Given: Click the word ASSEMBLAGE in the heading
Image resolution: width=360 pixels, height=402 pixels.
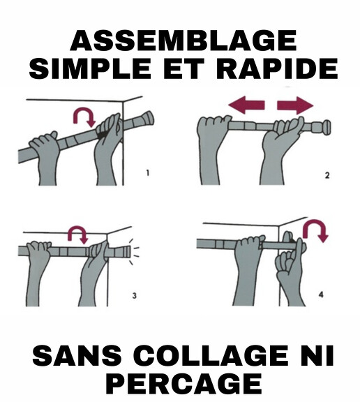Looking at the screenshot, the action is (183, 40).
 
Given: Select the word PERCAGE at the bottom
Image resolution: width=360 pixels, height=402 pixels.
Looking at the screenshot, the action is (184, 384).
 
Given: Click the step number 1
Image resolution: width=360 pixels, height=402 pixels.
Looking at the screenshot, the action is (148, 173).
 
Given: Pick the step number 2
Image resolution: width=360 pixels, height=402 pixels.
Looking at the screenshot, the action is (327, 175).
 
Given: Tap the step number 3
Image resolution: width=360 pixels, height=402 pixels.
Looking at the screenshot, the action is (134, 296).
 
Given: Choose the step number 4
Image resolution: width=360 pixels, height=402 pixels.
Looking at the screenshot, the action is (321, 295).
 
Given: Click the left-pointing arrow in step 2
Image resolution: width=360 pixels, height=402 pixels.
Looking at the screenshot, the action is (246, 105).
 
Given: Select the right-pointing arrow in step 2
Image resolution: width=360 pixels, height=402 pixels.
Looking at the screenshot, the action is (295, 105).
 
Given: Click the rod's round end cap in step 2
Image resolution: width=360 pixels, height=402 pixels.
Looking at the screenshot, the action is (327, 127).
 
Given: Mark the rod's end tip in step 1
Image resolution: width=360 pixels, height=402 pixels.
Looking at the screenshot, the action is (152, 117).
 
